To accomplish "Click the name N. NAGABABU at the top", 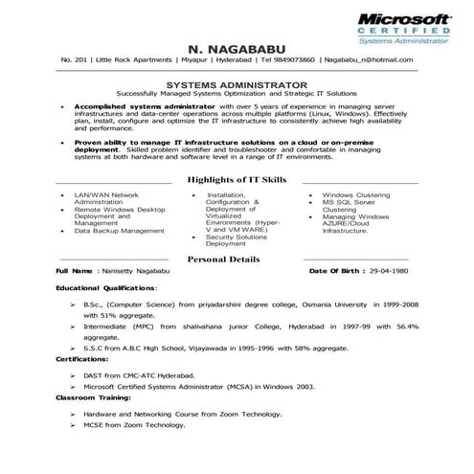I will click(236, 47).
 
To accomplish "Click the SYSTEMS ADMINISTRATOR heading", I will click(236, 84).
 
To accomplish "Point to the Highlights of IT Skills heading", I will click(236, 179).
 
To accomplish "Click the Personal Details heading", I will click(236, 259).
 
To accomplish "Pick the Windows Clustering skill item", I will click(355, 193).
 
